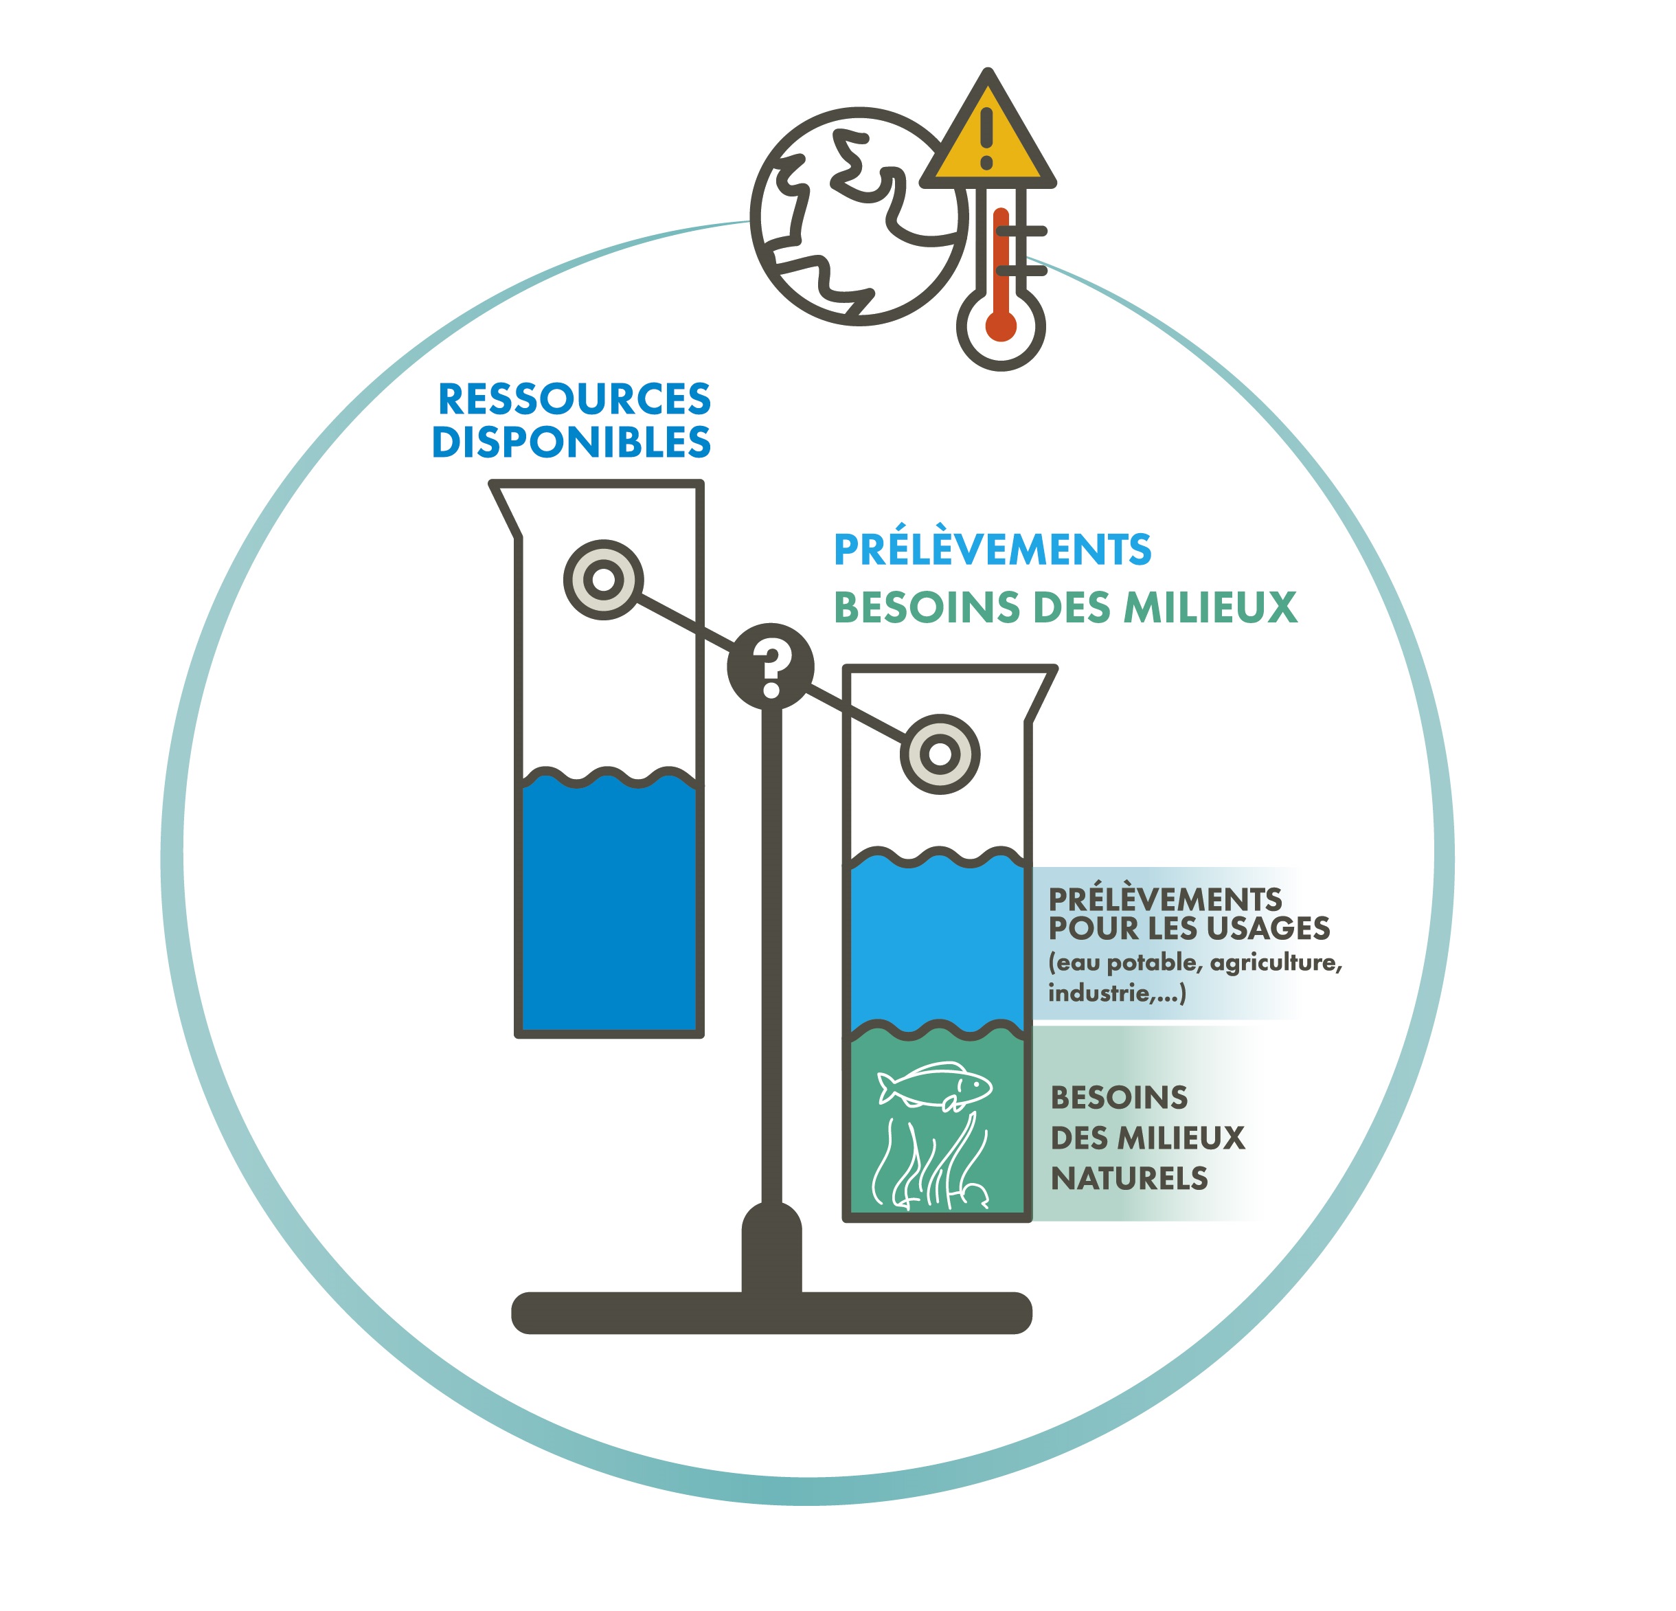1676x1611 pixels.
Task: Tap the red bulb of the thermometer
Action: click(x=1001, y=326)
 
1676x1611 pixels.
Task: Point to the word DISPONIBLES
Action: click(x=571, y=442)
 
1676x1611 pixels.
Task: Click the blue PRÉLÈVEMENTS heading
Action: click(x=992, y=549)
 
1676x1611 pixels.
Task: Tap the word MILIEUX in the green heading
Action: click(x=1210, y=607)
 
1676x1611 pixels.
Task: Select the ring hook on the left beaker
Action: click(x=604, y=579)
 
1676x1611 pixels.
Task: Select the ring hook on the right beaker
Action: click(x=940, y=754)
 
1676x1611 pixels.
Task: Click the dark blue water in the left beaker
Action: click(x=608, y=906)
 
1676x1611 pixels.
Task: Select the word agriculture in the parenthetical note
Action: click(x=1274, y=963)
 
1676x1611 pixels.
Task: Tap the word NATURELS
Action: click(x=1129, y=1178)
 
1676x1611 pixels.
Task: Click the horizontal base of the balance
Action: click(x=771, y=1313)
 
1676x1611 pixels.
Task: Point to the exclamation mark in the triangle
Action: click(x=987, y=137)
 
